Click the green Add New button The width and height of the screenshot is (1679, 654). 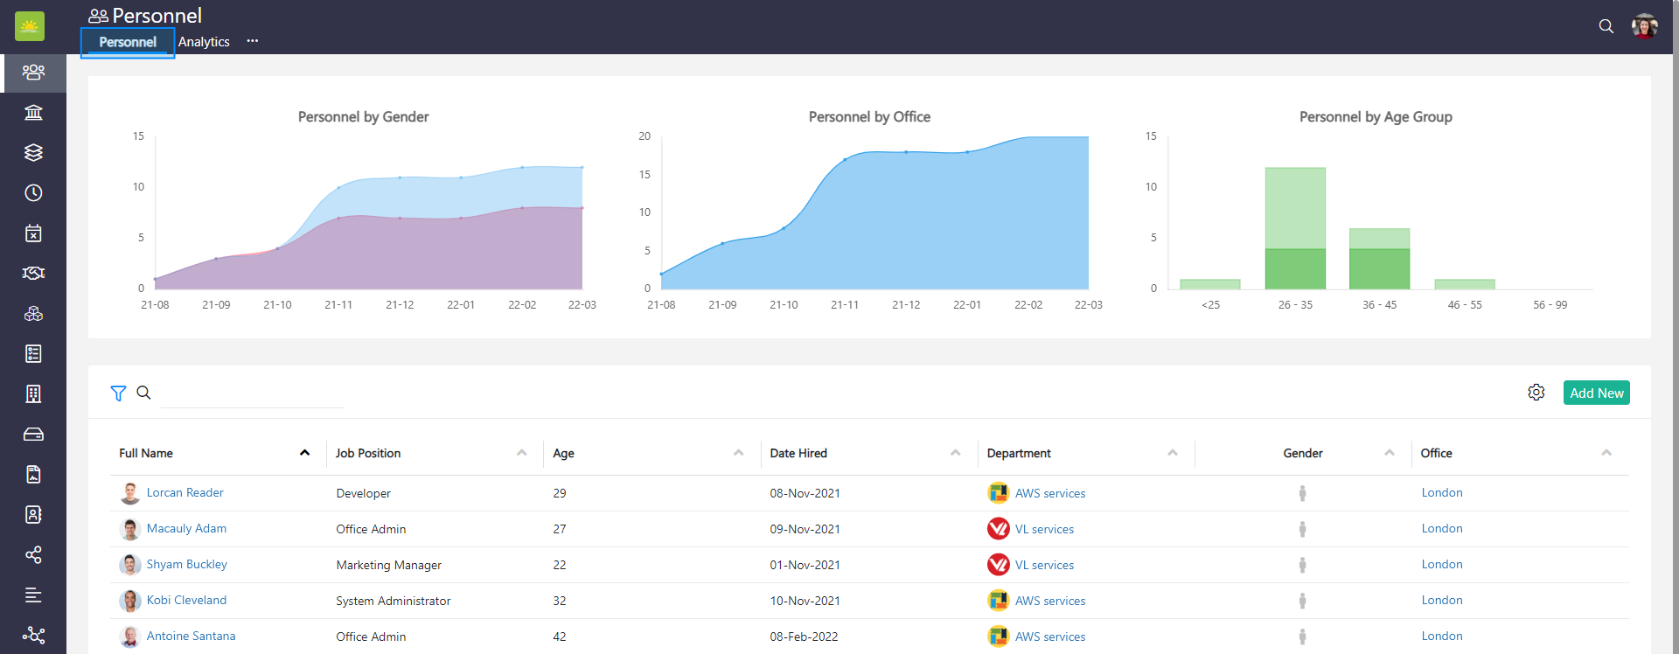click(x=1596, y=393)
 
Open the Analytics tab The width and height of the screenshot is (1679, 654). click(x=204, y=42)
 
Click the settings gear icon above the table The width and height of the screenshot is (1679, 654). click(x=1536, y=393)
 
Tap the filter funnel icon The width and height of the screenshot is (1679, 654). click(x=118, y=393)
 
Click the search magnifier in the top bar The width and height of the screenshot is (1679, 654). click(x=1606, y=26)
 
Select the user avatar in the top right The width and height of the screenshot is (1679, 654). click(x=1645, y=26)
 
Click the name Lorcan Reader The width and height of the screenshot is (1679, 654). click(x=185, y=493)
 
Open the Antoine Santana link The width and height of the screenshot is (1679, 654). click(x=191, y=637)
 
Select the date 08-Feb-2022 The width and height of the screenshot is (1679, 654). click(x=804, y=637)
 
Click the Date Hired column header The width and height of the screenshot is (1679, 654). click(x=798, y=453)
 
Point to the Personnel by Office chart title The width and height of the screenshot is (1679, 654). click(x=869, y=117)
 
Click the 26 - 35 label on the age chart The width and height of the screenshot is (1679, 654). click(x=1295, y=305)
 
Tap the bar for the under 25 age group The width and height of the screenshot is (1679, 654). click(x=1210, y=284)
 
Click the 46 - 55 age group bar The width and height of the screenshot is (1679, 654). click(x=1465, y=284)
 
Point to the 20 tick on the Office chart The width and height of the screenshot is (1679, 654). click(x=644, y=136)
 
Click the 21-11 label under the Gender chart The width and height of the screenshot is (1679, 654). click(x=338, y=305)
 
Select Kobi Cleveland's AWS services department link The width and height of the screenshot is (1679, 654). click(x=1049, y=601)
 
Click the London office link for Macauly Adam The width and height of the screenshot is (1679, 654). click(x=1442, y=529)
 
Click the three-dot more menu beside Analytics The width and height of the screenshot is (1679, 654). click(x=253, y=41)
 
